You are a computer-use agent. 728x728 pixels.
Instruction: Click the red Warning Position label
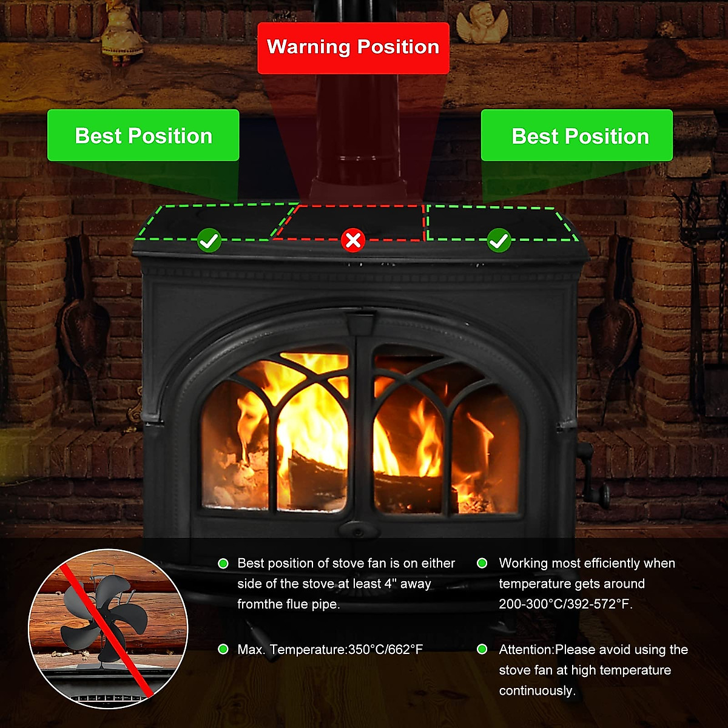click(353, 48)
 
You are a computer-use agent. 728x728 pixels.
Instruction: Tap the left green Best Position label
click(143, 135)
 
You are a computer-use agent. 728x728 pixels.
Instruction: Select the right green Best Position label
click(577, 136)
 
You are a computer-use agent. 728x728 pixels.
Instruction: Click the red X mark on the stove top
click(352, 240)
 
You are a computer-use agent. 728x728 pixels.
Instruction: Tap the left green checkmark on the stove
click(209, 241)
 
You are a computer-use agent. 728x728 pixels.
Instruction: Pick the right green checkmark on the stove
click(499, 241)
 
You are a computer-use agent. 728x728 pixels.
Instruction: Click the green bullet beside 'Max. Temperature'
click(223, 649)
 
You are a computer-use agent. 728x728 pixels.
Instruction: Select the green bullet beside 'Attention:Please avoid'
click(482, 649)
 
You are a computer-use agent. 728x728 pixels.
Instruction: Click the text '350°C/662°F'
click(385, 650)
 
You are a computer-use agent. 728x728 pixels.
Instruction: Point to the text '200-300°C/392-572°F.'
click(565, 604)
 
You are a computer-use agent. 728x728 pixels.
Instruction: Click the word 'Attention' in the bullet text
click(525, 650)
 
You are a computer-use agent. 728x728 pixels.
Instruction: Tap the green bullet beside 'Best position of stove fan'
click(223, 564)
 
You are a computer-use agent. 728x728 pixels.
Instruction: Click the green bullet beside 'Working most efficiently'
click(482, 564)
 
